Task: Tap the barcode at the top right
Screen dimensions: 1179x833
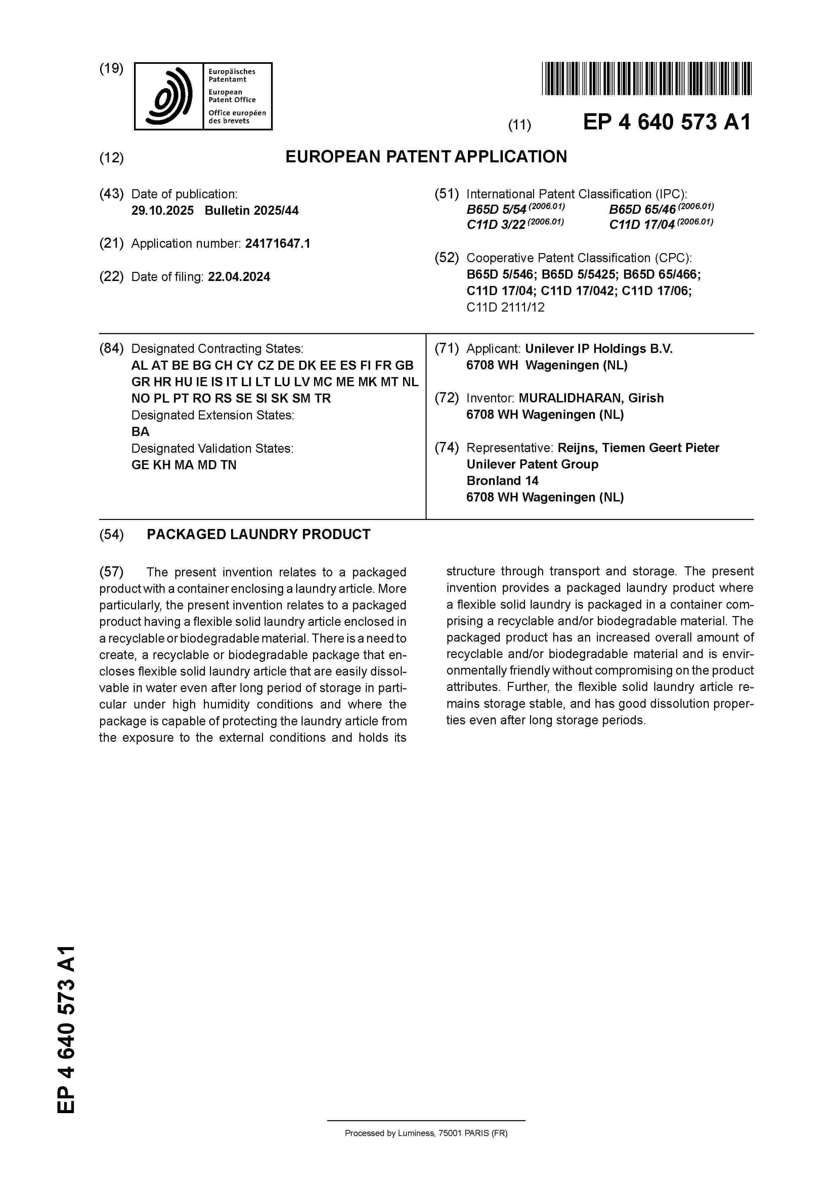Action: click(x=646, y=79)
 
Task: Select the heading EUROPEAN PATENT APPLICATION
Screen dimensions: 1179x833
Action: click(x=426, y=157)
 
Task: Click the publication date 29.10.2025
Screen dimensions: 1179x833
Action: click(x=163, y=210)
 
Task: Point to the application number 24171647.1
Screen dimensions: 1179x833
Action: click(x=278, y=243)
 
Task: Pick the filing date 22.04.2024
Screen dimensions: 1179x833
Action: click(x=239, y=277)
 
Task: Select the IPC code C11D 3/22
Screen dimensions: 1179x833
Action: click(x=496, y=225)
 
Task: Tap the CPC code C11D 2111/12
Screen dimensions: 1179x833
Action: click(x=506, y=308)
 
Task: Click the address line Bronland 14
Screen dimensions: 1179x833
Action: click(x=502, y=481)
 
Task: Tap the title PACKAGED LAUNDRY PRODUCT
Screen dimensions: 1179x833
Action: click(x=259, y=535)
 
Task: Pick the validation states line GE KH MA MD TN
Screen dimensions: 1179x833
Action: click(x=184, y=465)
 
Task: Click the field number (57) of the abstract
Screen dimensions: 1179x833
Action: click(x=112, y=572)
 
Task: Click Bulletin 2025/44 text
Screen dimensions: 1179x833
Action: click(x=252, y=210)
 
